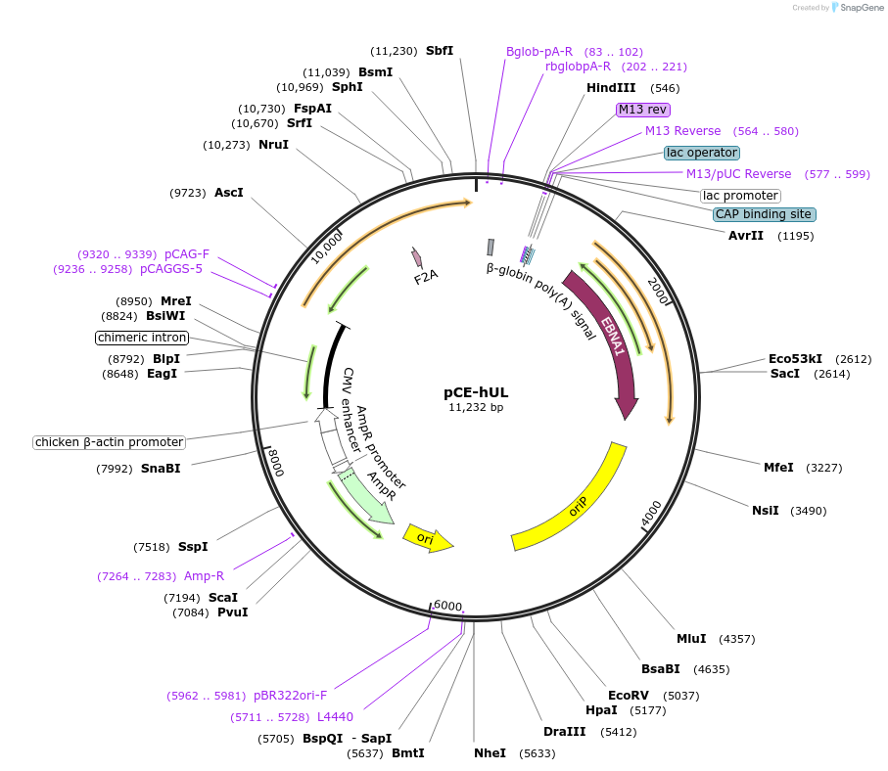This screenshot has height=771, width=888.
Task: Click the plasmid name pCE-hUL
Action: coord(476,391)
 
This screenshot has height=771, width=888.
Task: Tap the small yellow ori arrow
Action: coord(428,539)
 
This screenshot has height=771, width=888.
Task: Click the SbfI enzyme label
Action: coord(440,51)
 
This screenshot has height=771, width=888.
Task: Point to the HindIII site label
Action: coord(611,88)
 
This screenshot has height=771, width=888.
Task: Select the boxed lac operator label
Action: coord(701,153)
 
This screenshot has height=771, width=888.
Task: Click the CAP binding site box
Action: coord(764,214)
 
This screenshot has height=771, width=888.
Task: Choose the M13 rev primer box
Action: coord(642,110)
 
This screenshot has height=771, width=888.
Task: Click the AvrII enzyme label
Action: coord(746,236)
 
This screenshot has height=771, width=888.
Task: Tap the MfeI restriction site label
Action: coord(778,468)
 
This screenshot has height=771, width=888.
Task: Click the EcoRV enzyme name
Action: coord(629,696)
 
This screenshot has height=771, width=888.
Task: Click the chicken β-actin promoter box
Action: coord(109,442)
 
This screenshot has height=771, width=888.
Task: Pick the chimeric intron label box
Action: coord(142,338)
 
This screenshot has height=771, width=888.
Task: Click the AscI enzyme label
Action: coord(228,193)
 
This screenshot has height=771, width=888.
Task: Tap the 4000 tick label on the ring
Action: coord(651,512)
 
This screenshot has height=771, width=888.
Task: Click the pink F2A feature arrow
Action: coord(418,257)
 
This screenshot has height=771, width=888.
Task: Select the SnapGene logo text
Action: coord(857,8)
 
